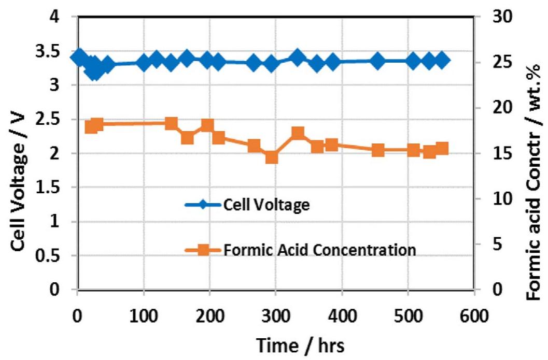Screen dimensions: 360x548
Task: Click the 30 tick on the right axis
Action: (500, 17)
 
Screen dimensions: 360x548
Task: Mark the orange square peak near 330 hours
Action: (298, 133)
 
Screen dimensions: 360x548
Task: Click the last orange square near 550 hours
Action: (442, 149)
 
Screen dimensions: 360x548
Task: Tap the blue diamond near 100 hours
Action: (144, 63)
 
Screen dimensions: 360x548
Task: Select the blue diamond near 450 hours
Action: (378, 61)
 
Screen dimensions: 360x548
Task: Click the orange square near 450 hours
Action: (378, 150)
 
